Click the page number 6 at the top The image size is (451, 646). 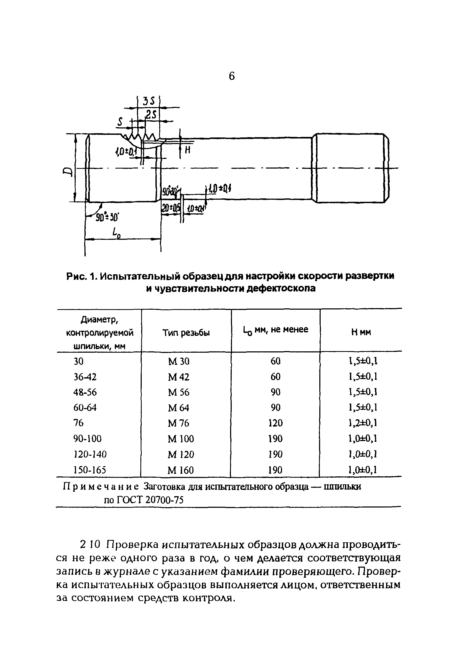(231, 76)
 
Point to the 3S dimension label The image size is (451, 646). (148, 101)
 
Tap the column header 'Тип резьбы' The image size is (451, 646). (186, 333)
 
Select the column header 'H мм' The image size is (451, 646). (361, 332)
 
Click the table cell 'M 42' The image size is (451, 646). (178, 377)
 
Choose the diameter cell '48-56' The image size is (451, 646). (85, 392)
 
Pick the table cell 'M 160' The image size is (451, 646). (181, 470)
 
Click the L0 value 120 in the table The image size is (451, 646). (275, 423)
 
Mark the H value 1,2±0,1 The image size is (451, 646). (363, 423)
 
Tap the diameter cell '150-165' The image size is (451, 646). (90, 470)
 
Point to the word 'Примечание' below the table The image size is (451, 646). (101, 486)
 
